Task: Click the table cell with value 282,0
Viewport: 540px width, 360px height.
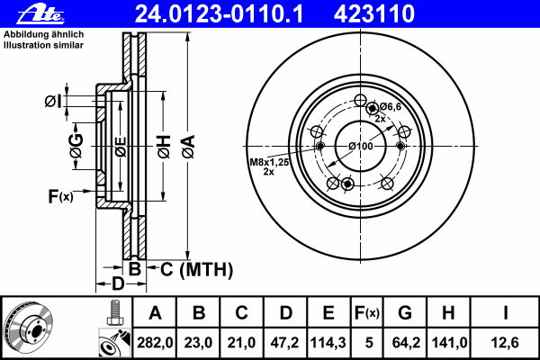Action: pos(155,341)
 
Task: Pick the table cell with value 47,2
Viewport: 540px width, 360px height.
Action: pos(285,341)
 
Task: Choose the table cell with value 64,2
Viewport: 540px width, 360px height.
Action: pos(405,341)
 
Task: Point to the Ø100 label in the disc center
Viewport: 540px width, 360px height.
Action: pos(360,146)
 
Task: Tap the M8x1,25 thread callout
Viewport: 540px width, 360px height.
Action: pos(267,163)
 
